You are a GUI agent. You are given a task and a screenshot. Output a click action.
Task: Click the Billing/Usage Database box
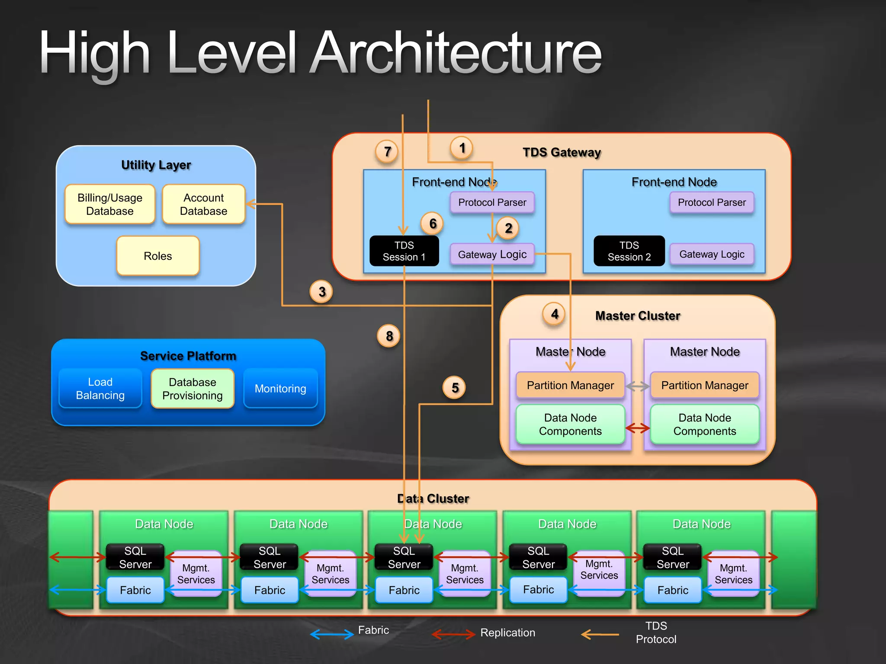click(110, 204)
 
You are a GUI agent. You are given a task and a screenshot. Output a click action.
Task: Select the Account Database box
click(203, 204)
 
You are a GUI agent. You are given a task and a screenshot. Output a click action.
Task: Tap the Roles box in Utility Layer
click(158, 256)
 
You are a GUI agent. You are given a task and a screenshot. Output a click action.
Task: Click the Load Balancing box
click(100, 389)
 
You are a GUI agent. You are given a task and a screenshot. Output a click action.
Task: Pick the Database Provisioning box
click(193, 389)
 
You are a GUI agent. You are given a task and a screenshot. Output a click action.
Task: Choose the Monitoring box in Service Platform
click(280, 389)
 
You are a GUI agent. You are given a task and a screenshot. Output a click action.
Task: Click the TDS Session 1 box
click(404, 251)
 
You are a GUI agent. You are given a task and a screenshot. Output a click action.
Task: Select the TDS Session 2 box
click(629, 251)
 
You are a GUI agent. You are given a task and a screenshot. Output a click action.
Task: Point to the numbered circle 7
click(387, 152)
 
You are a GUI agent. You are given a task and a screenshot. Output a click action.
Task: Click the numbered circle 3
click(321, 292)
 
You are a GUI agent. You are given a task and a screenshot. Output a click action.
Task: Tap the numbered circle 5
click(454, 388)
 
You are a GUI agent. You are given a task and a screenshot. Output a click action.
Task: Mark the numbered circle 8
click(389, 336)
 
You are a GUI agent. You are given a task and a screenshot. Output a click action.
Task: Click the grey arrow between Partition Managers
click(638, 386)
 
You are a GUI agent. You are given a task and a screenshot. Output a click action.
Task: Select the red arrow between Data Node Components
click(638, 428)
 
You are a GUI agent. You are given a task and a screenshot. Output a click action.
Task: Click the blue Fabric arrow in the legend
click(332, 634)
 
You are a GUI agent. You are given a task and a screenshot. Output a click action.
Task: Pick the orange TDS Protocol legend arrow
click(600, 634)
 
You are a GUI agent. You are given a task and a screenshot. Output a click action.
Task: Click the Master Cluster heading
click(638, 316)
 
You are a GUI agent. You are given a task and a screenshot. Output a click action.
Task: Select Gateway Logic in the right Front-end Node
click(712, 254)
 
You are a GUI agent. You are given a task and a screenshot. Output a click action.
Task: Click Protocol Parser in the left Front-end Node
click(492, 202)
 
